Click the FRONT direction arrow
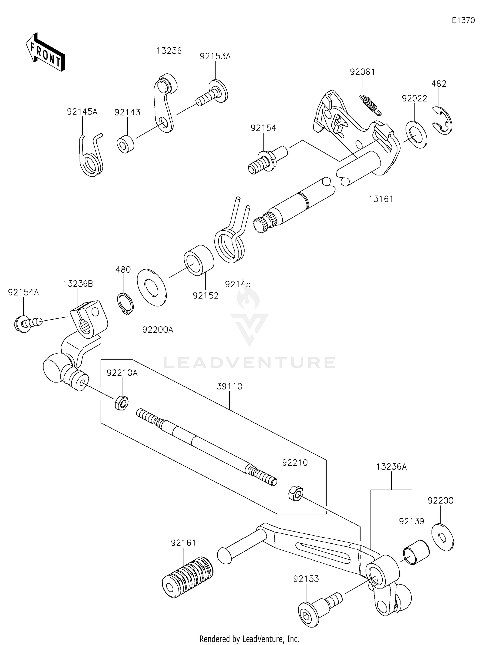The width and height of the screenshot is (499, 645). [x=45, y=52]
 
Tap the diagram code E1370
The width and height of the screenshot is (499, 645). [x=463, y=20]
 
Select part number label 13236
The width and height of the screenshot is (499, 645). [x=169, y=51]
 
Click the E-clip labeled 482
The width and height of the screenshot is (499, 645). [x=442, y=120]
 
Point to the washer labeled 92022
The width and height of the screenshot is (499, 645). [x=416, y=135]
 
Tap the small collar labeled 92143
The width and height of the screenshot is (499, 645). [x=125, y=144]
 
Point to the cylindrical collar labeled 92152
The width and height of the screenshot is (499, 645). [x=199, y=260]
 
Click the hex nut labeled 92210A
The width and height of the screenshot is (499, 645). [x=122, y=403]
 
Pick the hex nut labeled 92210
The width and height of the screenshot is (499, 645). [x=295, y=492]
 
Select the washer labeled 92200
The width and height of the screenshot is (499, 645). [x=442, y=537]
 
